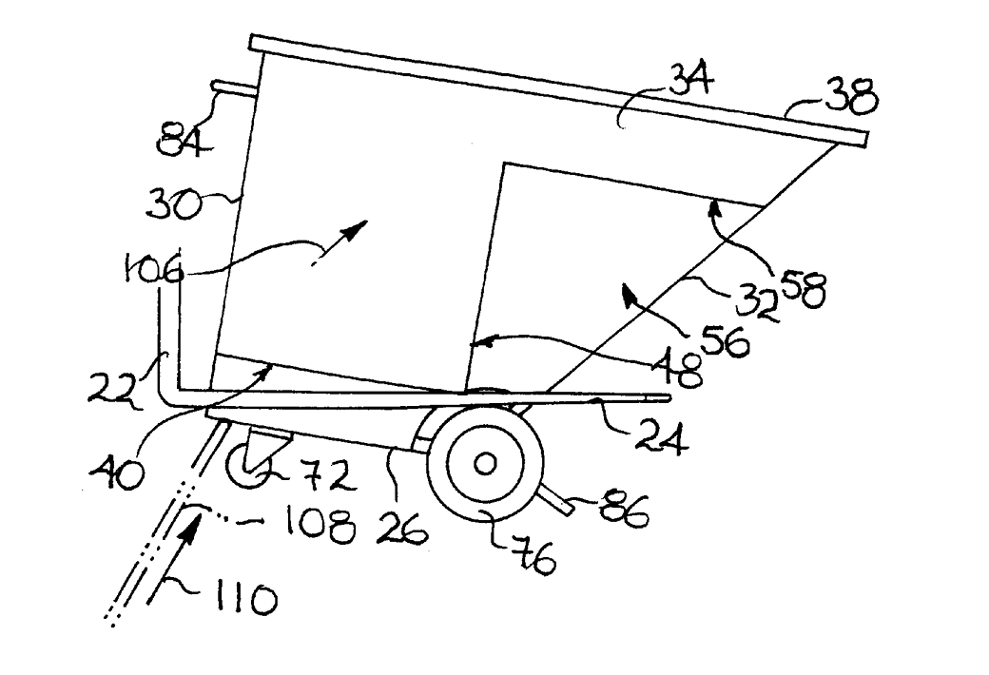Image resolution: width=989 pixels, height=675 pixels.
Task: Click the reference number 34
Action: point(691,82)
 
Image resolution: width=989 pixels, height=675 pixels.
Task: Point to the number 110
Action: point(245,598)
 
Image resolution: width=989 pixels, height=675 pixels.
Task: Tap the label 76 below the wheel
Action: point(532,556)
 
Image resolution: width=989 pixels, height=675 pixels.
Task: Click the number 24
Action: point(660,436)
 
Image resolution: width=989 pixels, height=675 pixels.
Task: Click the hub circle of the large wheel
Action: point(484,465)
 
